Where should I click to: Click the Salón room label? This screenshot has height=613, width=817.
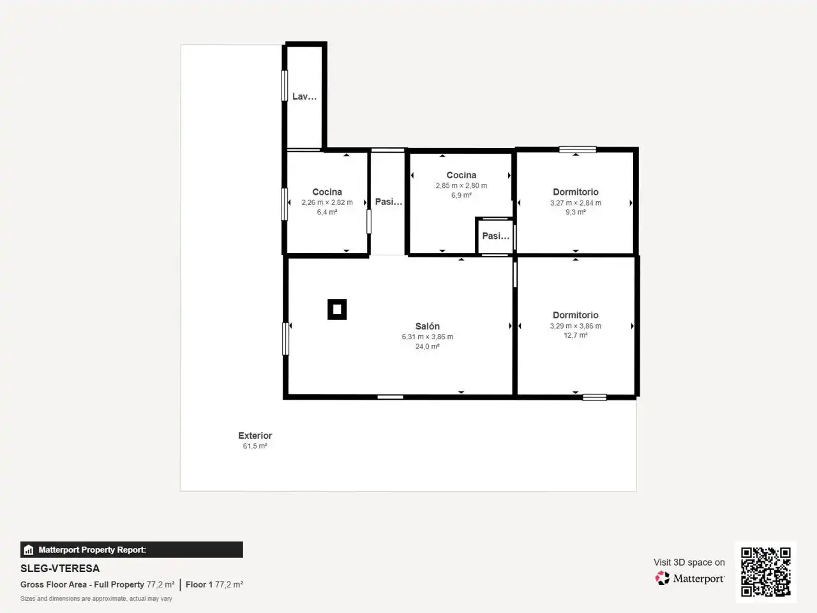427,326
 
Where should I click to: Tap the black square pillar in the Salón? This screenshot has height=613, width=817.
337,309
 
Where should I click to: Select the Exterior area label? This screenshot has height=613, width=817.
255,435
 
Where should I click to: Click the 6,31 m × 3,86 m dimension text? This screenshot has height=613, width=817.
427,337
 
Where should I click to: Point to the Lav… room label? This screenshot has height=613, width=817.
304,96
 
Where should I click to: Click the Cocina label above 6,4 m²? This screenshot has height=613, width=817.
327,192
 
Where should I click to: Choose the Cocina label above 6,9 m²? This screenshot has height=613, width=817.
461,175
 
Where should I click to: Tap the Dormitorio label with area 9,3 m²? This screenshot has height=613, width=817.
576,192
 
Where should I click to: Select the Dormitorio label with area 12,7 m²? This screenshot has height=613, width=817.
576,315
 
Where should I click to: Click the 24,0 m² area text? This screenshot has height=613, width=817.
427,347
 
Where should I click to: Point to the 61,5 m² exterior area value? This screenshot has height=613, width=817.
255,446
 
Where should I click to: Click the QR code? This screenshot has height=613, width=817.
766,571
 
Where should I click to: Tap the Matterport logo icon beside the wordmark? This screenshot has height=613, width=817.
662,578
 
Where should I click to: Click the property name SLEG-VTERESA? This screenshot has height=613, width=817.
60,569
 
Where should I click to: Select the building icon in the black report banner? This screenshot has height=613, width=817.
28,550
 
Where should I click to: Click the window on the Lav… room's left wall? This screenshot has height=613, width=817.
285,86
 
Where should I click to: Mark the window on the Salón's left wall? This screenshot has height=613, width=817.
285,338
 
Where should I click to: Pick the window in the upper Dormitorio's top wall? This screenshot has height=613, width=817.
578,149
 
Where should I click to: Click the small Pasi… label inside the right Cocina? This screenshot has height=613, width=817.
496,236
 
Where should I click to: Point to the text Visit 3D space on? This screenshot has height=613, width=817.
689,563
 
